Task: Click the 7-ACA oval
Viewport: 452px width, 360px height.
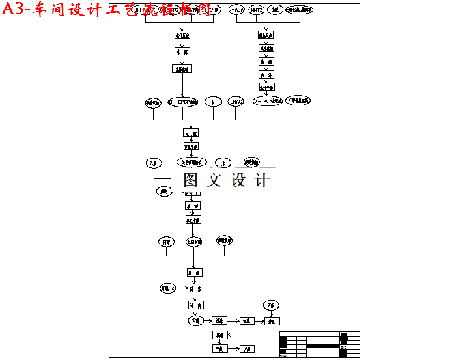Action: coord(237,10)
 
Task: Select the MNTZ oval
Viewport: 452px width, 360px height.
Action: coord(256,10)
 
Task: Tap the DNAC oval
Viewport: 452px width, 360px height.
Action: coord(236,102)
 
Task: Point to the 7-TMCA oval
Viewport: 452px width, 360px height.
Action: coord(268,102)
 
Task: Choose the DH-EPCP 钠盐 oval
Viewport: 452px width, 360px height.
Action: coord(182,102)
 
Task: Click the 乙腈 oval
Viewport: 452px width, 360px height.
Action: coord(154,163)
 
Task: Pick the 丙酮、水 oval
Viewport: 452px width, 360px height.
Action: coord(168,287)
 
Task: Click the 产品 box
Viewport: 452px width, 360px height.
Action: coord(247,349)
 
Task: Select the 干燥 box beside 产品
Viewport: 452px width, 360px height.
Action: coord(219,349)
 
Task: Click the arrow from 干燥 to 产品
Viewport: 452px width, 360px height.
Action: coord(233,349)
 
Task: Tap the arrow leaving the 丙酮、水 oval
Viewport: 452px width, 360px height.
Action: coord(182,287)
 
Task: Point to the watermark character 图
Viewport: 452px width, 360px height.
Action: coord(191,180)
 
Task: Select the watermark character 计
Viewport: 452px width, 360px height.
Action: coord(261,180)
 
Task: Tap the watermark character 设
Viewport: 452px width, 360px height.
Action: coord(238,180)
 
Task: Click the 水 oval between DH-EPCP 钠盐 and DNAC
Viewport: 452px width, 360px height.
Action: coord(213,102)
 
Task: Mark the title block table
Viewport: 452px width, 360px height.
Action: coord(319,344)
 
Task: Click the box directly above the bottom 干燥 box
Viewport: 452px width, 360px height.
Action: coord(219,335)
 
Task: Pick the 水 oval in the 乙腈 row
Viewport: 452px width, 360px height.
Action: coord(223,163)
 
